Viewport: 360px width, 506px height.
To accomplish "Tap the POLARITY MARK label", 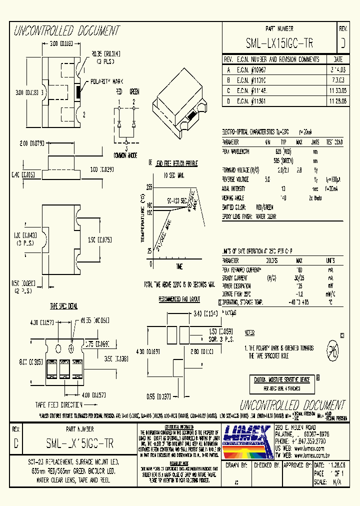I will coord(104,81).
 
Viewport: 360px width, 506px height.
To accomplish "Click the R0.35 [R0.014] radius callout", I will coord(105,53).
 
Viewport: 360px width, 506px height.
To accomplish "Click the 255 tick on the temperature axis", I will coord(148,186).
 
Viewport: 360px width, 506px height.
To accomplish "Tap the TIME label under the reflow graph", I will coord(179,266).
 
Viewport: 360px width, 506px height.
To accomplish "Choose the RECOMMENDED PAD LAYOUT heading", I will coord(179,299).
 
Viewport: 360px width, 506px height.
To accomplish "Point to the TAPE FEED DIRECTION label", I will coord(58,404).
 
